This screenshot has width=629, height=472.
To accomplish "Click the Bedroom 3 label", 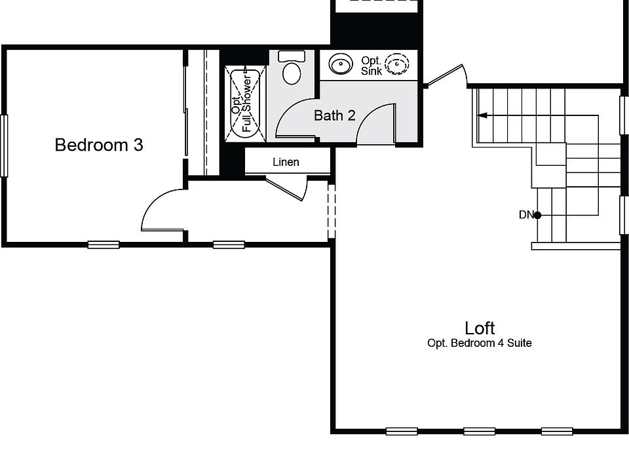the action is pyautogui.click(x=99, y=145).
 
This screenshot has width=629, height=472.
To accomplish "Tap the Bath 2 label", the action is pyautogui.click(x=335, y=115).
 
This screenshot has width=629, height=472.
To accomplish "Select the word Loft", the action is pyautogui.click(x=480, y=328).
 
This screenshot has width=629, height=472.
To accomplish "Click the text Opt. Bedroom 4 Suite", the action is pyautogui.click(x=480, y=343).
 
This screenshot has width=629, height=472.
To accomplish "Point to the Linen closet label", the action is pyautogui.click(x=286, y=162).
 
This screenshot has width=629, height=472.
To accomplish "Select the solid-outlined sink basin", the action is pyautogui.click(x=341, y=64).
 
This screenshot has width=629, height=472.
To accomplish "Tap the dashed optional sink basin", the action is pyautogui.click(x=397, y=64).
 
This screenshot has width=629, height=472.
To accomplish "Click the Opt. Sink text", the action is pyautogui.click(x=371, y=66).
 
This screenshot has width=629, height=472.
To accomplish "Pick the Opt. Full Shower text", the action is pyautogui.click(x=242, y=104).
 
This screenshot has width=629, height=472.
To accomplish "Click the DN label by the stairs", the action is pyautogui.click(x=526, y=215).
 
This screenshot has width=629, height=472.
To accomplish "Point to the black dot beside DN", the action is pyautogui.click(x=537, y=215).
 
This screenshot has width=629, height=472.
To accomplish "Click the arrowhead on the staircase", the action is pyautogui.click(x=482, y=115).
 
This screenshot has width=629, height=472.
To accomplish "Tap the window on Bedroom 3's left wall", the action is pyautogui.click(x=4, y=146).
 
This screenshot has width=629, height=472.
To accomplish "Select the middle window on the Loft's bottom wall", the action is pyautogui.click(x=480, y=431).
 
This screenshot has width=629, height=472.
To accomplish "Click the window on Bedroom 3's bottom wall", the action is pyautogui.click(x=104, y=245).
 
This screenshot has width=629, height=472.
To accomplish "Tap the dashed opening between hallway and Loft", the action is pyautogui.click(x=332, y=211).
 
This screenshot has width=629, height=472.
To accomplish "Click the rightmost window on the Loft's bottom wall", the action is pyautogui.click(x=557, y=431).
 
